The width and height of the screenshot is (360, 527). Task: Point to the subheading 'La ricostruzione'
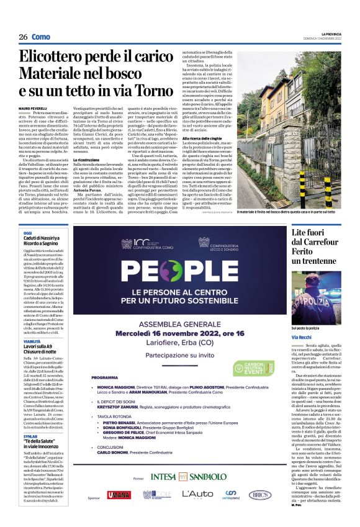[88, 160]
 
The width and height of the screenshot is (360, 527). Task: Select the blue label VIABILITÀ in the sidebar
[32, 341]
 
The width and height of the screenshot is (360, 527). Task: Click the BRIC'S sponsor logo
[259, 512]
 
